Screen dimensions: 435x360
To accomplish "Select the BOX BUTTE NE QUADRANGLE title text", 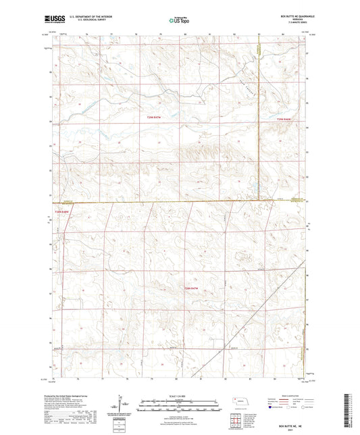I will pos(288,17).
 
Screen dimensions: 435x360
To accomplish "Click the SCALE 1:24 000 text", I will pos(179,396).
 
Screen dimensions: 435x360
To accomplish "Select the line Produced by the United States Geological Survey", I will pos(76,396).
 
